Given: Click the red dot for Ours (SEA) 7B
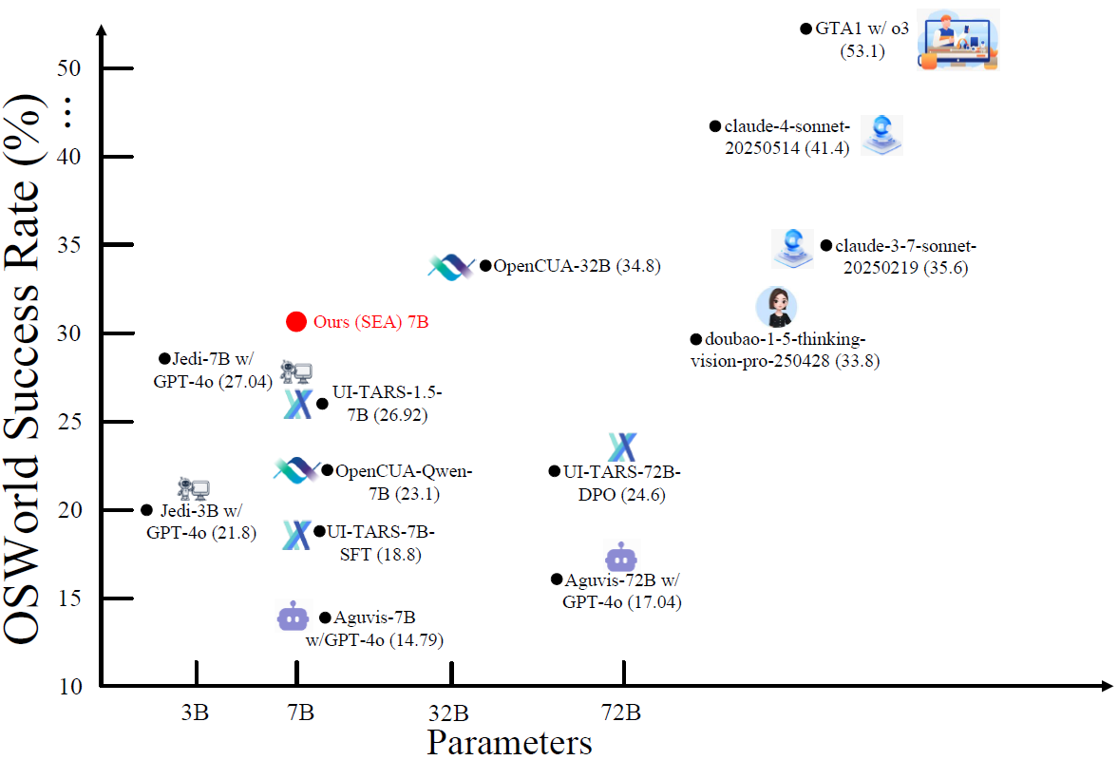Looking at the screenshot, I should pyautogui.click(x=296, y=321).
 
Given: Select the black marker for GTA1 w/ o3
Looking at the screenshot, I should pyautogui.click(x=805, y=28).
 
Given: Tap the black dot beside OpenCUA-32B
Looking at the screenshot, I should pyautogui.click(x=485, y=266).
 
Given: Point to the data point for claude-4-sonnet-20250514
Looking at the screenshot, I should pyautogui.click(x=715, y=125).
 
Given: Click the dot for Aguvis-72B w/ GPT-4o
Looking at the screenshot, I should pyautogui.click(x=557, y=579).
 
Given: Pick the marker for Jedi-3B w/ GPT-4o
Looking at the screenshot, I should pyautogui.click(x=146, y=510).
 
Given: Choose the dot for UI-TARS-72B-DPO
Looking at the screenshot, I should pyautogui.click(x=555, y=471).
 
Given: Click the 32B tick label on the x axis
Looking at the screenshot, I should pyautogui.click(x=448, y=712).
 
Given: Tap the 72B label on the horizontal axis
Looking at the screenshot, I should pyautogui.click(x=621, y=712).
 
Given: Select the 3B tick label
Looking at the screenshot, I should pyautogui.click(x=195, y=712).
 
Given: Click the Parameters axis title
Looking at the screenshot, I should pyautogui.click(x=509, y=741).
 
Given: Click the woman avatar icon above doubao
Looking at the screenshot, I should pyautogui.click(x=776, y=307).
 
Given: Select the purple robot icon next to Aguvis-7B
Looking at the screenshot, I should pyautogui.click(x=292, y=617).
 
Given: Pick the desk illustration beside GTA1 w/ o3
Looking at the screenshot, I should pyautogui.click(x=958, y=40).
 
